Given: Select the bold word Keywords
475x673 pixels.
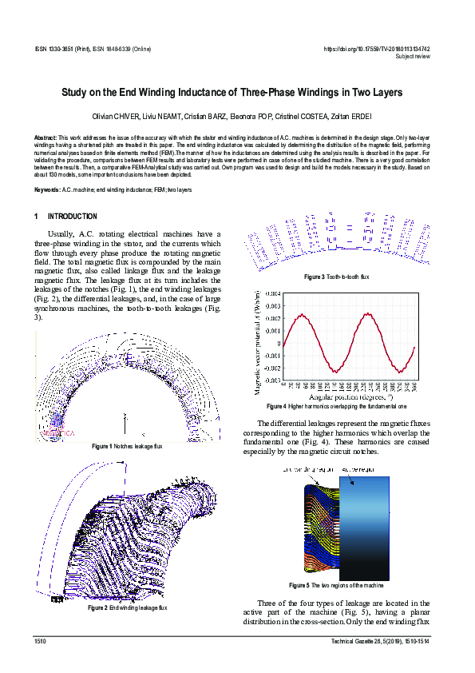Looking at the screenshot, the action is pyautogui.click(x=47, y=189).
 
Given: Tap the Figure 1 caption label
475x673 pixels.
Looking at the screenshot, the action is pyautogui.click(x=102, y=446).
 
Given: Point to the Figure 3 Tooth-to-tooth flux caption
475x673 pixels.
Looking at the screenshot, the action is pyautogui.click(x=336, y=277).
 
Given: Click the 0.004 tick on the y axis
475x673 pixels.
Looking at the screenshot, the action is pyautogui.click(x=272, y=293).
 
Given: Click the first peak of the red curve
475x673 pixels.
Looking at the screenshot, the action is pyautogui.click(x=301, y=315).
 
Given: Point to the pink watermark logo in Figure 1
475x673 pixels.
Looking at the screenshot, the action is pyautogui.click(x=55, y=428).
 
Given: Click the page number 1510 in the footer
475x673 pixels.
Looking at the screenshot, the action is pyautogui.click(x=40, y=641).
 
